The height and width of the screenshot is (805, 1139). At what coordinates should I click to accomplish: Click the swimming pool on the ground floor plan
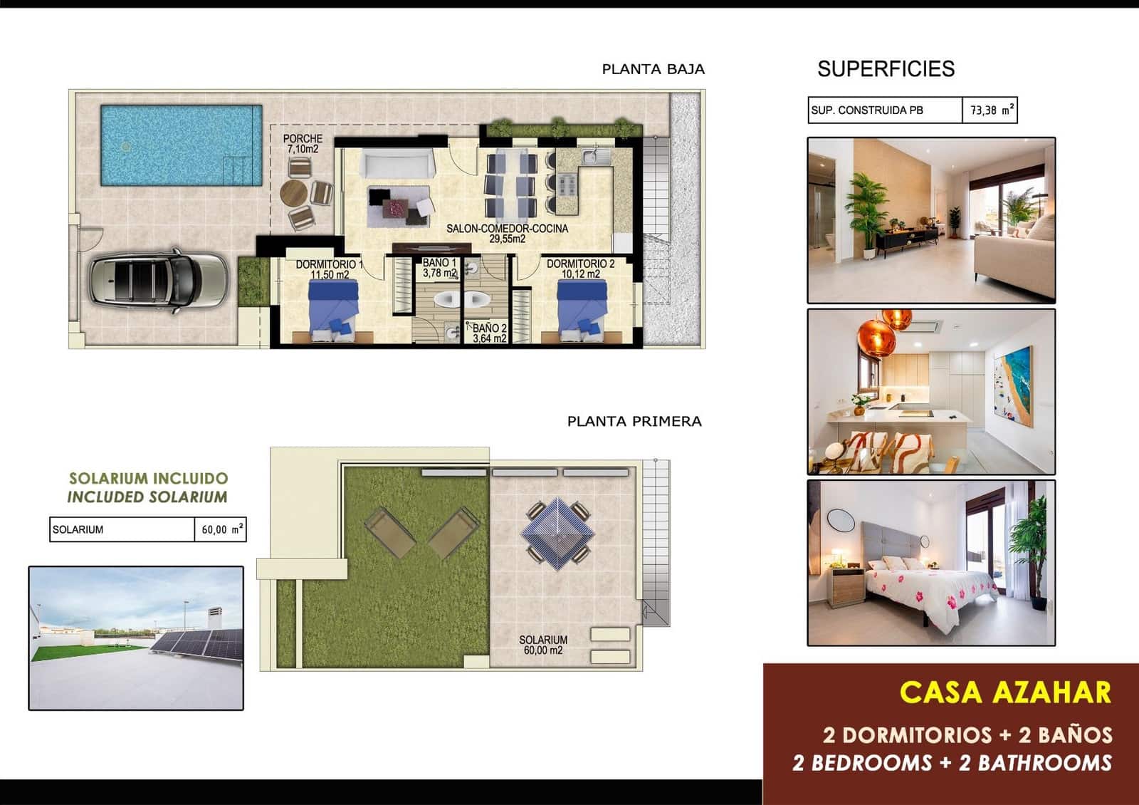pyautogui.click(x=181, y=145)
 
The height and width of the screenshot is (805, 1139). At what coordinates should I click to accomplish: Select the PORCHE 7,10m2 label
pyautogui.click(x=303, y=144)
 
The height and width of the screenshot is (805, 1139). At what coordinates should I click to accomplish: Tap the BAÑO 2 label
pyautogui.click(x=490, y=333)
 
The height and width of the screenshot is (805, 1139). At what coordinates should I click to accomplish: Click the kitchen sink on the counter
pyautogui.click(x=594, y=155)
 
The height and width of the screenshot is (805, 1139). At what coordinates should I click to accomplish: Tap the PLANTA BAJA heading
pyautogui.click(x=653, y=69)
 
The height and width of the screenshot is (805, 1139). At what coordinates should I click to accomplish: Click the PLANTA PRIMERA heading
pyautogui.click(x=634, y=421)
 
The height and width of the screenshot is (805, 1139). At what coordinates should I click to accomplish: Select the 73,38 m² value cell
pyautogui.click(x=990, y=110)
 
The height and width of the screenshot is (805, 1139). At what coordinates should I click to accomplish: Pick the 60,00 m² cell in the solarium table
pyautogui.click(x=221, y=529)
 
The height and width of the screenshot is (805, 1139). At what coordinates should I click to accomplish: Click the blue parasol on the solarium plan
pyautogui.click(x=557, y=533)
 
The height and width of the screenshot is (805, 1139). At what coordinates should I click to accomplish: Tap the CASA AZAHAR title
pyautogui.click(x=1004, y=692)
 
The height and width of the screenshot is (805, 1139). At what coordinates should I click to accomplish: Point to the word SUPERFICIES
pyautogui.click(x=886, y=69)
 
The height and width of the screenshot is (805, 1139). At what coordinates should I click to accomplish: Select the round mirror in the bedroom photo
pyautogui.click(x=841, y=520)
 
